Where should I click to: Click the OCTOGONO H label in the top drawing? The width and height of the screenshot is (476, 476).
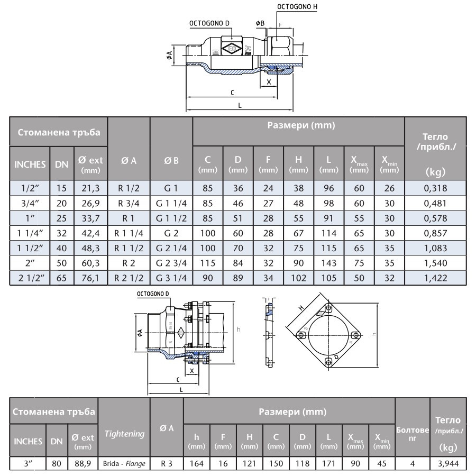(297, 7)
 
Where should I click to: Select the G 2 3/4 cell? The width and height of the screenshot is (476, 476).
(171, 262)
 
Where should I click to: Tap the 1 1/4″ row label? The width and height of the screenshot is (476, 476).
(30, 233)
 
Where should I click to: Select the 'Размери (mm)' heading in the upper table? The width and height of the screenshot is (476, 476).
(298, 125)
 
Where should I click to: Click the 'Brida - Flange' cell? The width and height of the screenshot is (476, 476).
(124, 464)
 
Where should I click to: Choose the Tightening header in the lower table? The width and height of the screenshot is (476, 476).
(124, 434)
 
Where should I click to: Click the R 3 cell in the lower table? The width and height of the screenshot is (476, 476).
(167, 464)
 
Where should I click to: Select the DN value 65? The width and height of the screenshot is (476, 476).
(62, 277)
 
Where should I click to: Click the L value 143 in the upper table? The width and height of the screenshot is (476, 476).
(328, 262)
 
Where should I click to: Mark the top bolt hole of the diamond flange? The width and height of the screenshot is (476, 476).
(329, 308)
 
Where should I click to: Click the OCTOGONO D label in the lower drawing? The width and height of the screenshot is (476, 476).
(153, 293)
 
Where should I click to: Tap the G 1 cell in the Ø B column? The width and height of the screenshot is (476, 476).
(171, 188)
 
